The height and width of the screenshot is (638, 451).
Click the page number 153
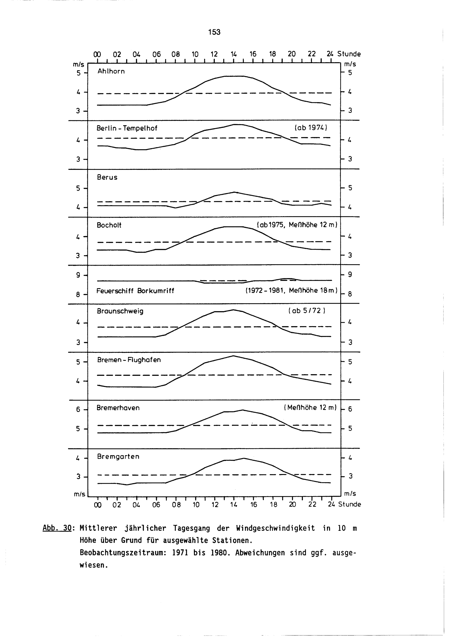tap(214, 32)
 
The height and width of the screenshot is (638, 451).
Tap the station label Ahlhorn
tap(111, 72)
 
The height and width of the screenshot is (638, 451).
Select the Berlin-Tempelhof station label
tap(127, 128)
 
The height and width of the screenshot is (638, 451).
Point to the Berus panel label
tap(107, 177)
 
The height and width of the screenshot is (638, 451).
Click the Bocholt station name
tap(109, 225)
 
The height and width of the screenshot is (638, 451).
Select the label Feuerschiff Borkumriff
tap(135, 291)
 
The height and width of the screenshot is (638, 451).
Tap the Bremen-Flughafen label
tap(129, 360)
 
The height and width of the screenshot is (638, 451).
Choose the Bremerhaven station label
tap(118, 408)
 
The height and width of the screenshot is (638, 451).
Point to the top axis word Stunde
tap(349, 54)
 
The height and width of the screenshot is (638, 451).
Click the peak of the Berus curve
tap(234, 192)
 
